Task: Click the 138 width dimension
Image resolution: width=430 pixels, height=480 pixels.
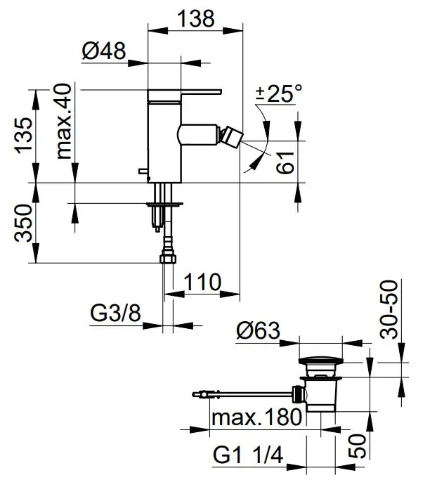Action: (x=196, y=19)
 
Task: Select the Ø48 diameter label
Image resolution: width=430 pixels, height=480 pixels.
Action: (x=104, y=51)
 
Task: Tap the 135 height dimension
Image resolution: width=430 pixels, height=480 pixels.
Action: (x=24, y=135)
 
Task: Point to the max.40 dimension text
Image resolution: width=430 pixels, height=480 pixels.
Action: (x=64, y=121)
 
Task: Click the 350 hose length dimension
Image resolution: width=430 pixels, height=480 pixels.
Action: (x=24, y=223)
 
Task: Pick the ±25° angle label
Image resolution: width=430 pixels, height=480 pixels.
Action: (x=279, y=93)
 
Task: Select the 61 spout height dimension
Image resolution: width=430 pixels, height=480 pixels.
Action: (x=285, y=162)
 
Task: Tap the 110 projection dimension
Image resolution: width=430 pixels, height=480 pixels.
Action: (x=202, y=282)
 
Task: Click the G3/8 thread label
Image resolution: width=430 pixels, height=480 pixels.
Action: (x=115, y=313)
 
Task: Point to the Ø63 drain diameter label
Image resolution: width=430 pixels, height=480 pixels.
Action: (x=258, y=330)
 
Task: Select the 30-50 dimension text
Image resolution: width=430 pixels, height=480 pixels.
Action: (x=389, y=309)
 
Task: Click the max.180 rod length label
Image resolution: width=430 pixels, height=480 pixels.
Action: (x=256, y=417)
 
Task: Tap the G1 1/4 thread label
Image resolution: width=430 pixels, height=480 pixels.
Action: (x=248, y=455)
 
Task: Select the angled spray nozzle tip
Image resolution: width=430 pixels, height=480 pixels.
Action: (x=233, y=136)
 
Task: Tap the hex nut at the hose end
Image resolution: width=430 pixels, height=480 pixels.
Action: (x=169, y=258)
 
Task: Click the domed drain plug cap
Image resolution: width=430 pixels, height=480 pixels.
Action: (x=320, y=361)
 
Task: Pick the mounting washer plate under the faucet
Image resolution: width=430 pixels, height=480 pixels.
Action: (x=164, y=204)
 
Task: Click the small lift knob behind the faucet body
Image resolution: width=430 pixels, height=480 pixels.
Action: (x=143, y=171)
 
